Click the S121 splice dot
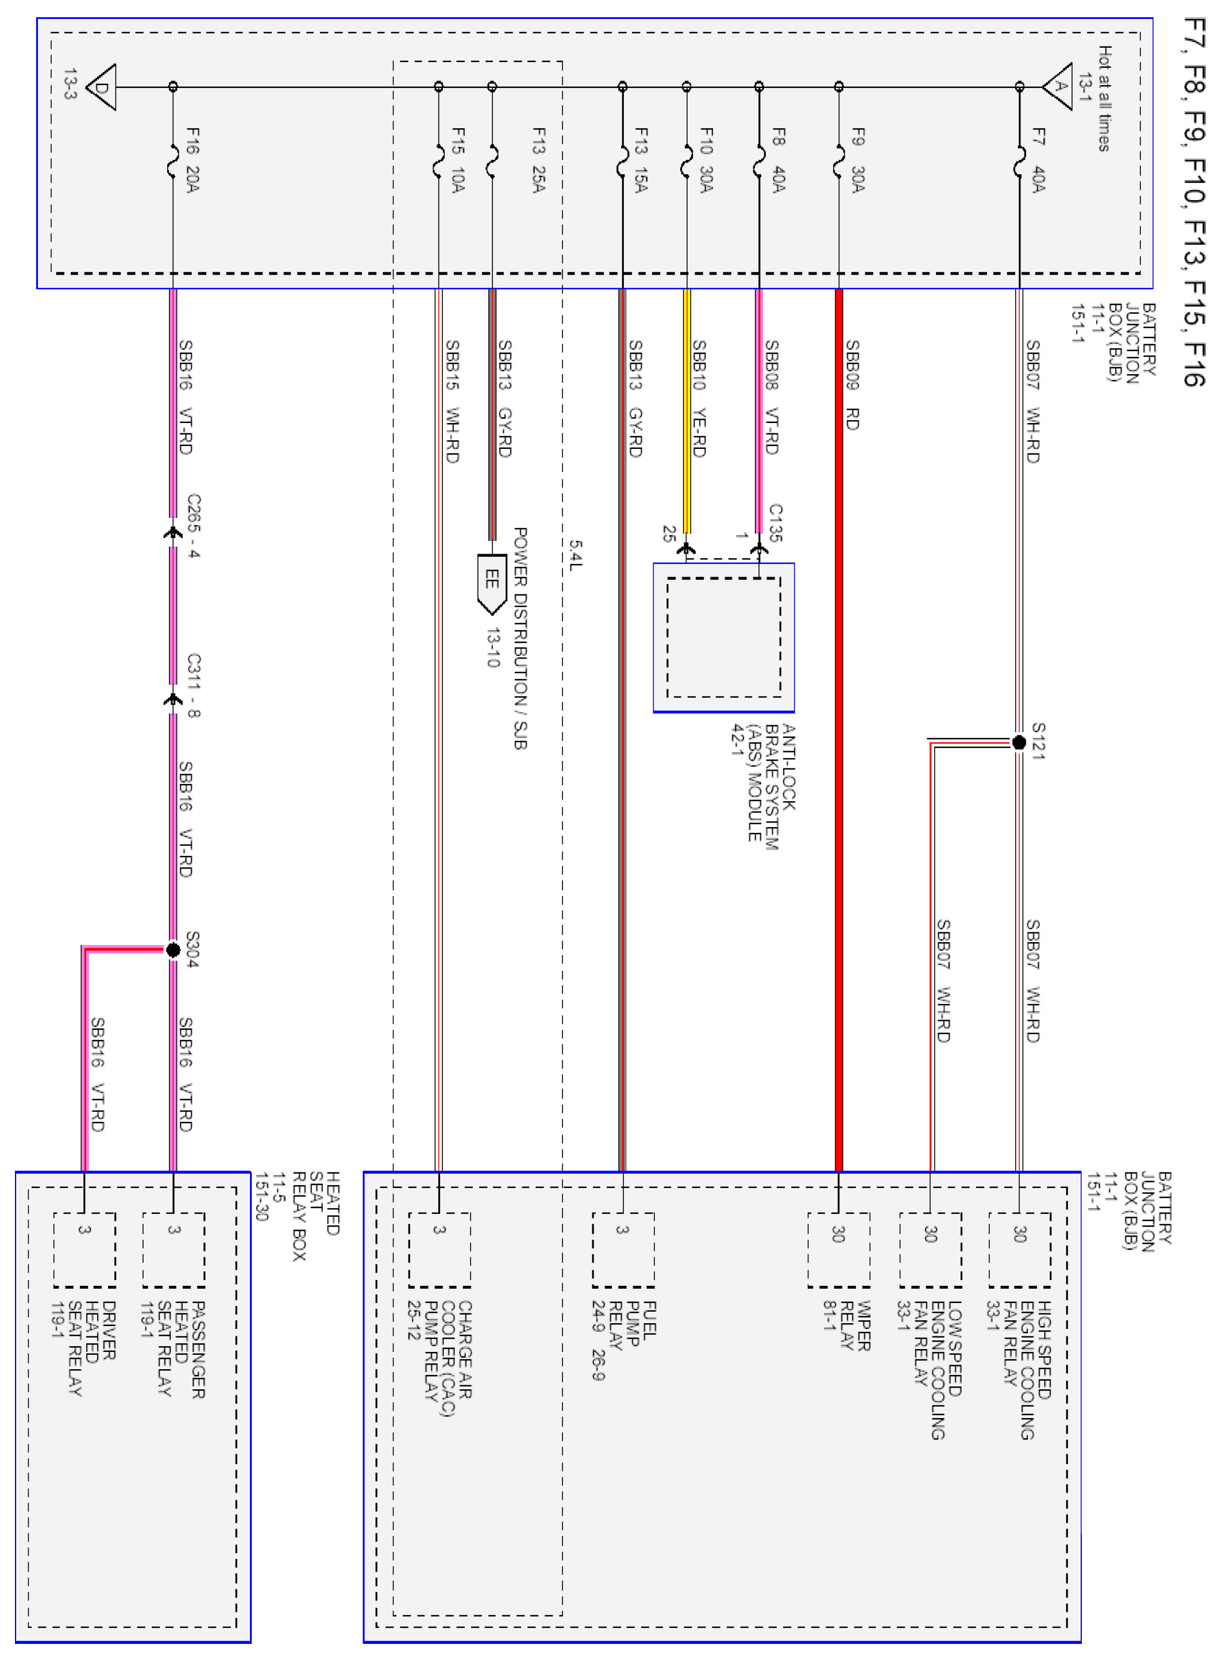[1019, 743]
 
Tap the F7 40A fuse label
[1038, 160]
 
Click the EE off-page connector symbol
[492, 583]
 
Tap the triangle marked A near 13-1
[1059, 86]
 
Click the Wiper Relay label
[848, 1325]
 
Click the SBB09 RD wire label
[852, 384]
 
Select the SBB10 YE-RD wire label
[699, 398]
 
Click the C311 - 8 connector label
[193, 685]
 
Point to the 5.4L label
[575, 555]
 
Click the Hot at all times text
[1104, 98]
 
